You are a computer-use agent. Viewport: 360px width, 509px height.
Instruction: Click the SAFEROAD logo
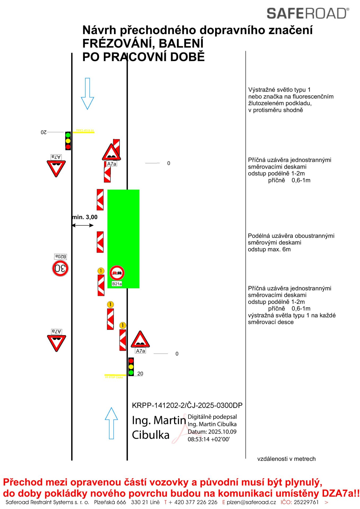coord(308,14)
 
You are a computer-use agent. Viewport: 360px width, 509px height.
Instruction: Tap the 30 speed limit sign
coord(60,268)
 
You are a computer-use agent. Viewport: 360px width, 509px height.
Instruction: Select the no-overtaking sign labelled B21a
coord(117,273)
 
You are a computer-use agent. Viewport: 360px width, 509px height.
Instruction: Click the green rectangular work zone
coord(123,233)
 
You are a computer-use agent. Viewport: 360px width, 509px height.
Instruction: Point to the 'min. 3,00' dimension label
coord(85,217)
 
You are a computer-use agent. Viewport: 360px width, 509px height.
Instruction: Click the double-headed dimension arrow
coord(83,225)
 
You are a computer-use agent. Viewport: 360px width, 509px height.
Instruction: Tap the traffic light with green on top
coord(68,141)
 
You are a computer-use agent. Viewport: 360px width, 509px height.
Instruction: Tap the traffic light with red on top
coord(131,367)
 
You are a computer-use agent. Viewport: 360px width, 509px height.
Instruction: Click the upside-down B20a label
coord(60,257)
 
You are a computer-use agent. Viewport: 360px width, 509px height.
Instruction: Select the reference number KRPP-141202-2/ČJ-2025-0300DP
coord(187,405)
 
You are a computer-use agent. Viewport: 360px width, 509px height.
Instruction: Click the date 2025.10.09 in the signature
coord(222,432)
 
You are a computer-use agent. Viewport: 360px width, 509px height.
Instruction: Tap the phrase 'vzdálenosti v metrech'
coord(286,459)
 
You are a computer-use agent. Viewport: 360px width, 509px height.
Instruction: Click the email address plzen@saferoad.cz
coord(251,502)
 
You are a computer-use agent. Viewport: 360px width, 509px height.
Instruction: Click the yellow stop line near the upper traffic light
coord(84,132)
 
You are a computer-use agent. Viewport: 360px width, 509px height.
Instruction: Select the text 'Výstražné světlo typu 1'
coord(279,90)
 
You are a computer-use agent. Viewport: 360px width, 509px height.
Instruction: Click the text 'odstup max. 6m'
coord(269,249)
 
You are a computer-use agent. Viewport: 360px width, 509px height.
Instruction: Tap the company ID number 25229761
coord(306,502)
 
